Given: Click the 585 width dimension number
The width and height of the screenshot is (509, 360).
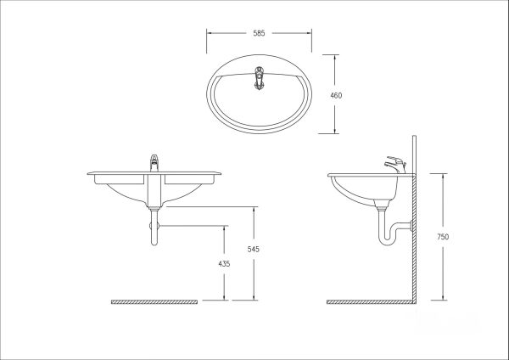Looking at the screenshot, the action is tap(259, 33).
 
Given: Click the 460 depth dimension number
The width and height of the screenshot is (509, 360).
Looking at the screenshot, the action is tap(336, 96).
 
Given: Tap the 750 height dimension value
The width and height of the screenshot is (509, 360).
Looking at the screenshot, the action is tap(443, 237).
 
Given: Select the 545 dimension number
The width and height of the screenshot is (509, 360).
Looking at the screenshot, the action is tap(253, 250).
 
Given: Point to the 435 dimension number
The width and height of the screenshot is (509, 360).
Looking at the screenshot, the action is tap(224, 264).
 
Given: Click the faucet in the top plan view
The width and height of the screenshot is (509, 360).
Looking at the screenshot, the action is tap(259, 78).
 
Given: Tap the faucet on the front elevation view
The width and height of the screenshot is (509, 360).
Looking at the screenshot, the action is tap(154, 163).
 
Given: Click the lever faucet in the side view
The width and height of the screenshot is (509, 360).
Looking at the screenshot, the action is tap(395, 165).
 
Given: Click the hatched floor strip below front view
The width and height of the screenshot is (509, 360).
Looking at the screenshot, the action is tap(154, 302).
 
